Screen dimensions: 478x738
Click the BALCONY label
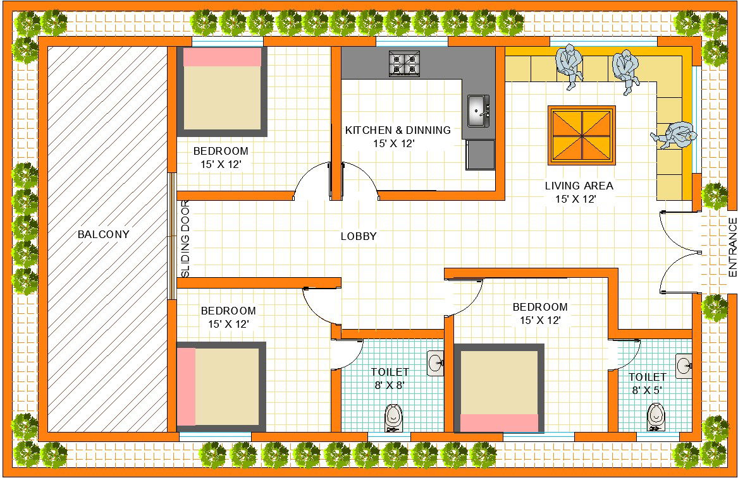[x=103, y=234]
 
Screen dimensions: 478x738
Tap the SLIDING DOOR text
[x=185, y=239]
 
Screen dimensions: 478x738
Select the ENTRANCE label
[x=732, y=247]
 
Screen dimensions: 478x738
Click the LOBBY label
[x=359, y=236]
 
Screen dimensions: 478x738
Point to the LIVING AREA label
[x=579, y=186]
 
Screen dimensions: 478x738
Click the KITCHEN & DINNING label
[x=398, y=130]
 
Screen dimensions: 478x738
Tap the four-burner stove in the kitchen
[x=405, y=64]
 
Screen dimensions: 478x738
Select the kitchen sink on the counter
[x=478, y=112]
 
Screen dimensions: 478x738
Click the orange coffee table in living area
[x=582, y=135]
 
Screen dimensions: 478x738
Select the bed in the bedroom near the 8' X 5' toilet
[x=499, y=388]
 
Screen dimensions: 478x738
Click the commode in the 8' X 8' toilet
[x=393, y=417]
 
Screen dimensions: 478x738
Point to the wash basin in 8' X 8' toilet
[x=436, y=363]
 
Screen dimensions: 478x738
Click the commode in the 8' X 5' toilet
[x=656, y=417]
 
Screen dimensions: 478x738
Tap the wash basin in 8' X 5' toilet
[x=684, y=366]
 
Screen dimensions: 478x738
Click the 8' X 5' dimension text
[x=647, y=390]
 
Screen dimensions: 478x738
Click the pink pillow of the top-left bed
[x=222, y=57]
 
